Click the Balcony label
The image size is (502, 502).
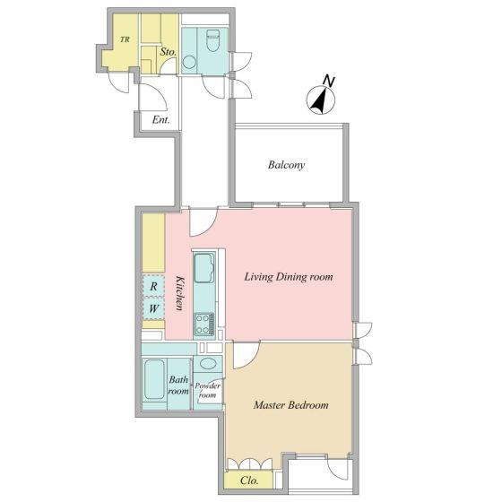(x=286, y=165)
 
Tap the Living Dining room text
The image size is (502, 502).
(x=289, y=277)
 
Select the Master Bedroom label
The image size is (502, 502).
(x=290, y=405)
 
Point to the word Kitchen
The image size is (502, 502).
(x=180, y=293)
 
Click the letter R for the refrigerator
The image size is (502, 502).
(x=153, y=286)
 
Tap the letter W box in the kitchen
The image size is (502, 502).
(x=153, y=308)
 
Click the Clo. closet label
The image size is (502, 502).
(x=249, y=480)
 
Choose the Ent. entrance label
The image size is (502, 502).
(x=160, y=120)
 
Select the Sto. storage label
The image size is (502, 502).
(x=169, y=52)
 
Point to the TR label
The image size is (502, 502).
(x=125, y=39)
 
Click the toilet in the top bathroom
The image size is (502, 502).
(x=213, y=40)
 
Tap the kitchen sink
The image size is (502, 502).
(x=204, y=268)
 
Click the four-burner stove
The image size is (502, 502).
(x=205, y=325)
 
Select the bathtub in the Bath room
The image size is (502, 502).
(x=154, y=380)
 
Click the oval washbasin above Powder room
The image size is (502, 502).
(x=207, y=363)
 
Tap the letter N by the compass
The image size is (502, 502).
(x=328, y=81)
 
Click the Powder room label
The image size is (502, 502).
(x=207, y=390)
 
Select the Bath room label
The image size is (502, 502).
(x=178, y=385)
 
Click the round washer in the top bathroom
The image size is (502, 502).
(x=189, y=62)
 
